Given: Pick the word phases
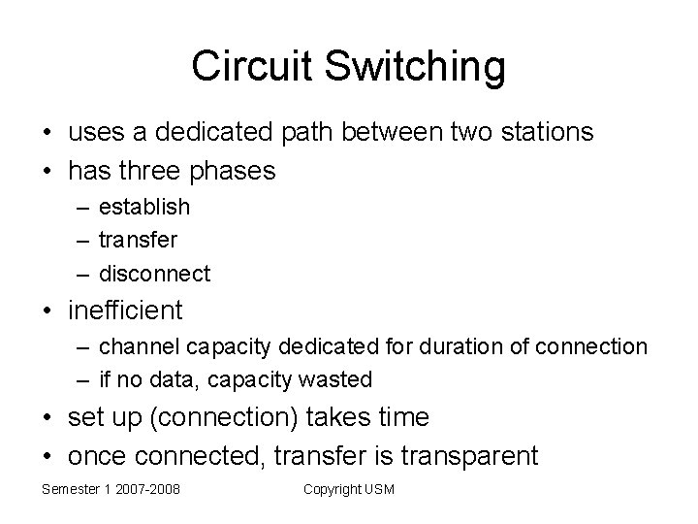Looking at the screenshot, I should click(x=234, y=171).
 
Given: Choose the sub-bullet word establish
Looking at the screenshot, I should click(x=144, y=207).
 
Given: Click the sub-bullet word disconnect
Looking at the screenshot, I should click(x=154, y=274).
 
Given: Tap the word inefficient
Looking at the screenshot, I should click(x=125, y=311).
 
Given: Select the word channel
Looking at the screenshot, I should click(x=134, y=346).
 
